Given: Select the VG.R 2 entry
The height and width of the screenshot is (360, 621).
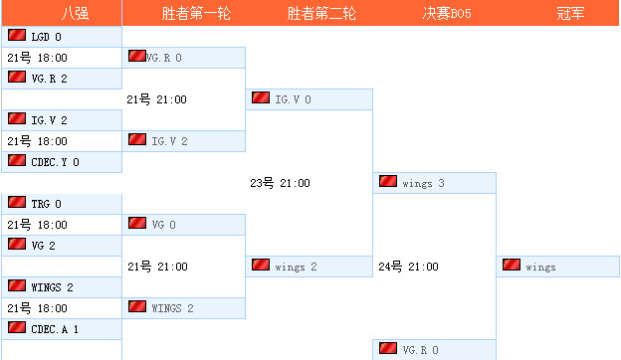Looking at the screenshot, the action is pos(49,78).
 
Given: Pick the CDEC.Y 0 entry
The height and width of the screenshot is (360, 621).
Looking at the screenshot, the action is pos(55,161).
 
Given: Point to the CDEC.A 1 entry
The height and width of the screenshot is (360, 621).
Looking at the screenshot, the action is pos(55,328).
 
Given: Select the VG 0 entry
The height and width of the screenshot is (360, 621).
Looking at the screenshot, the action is pos(163,225).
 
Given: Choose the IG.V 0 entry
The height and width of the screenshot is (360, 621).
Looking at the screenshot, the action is pos(293,99).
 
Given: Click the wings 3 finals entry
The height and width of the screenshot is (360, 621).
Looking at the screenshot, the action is pos(423,183).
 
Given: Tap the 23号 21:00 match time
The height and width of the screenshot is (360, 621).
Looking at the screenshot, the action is pos(280,183).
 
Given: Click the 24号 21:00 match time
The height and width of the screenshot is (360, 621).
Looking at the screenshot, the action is pos(407,267).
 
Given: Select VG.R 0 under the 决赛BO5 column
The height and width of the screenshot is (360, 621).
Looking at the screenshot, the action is pos(420,350).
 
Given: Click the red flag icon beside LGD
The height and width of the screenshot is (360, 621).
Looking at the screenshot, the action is pos(17,36).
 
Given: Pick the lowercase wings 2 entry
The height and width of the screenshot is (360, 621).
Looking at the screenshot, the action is pos(296,267).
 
